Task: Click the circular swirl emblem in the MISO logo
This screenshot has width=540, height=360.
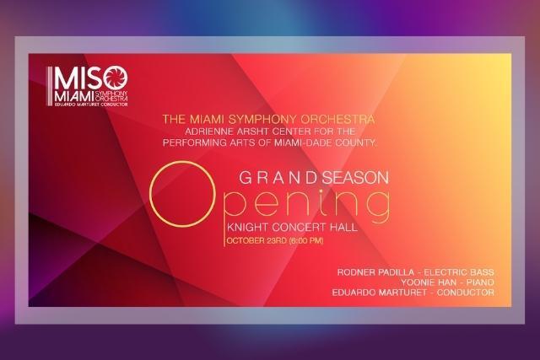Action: tap(116, 78)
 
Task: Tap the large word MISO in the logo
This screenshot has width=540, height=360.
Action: tap(91, 78)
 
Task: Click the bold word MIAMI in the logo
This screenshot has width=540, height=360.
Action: tap(74, 96)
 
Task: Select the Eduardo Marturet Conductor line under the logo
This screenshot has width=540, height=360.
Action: tap(91, 105)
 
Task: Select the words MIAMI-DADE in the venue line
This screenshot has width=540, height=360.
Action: tap(300, 142)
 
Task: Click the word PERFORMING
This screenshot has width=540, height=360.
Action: tap(194, 142)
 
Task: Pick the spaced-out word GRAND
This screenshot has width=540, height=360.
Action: tap(278, 178)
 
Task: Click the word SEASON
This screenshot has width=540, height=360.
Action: tap(355, 178)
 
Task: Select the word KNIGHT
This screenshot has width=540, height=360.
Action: tap(247, 227)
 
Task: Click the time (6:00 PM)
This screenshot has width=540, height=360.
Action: tap(306, 240)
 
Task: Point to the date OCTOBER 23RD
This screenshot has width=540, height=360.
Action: tap(256, 240)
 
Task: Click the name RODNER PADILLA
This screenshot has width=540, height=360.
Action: tap(375, 272)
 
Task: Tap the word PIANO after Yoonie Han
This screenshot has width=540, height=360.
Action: tap(480, 282)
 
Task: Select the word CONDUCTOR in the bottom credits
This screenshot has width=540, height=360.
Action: tap(465, 293)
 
